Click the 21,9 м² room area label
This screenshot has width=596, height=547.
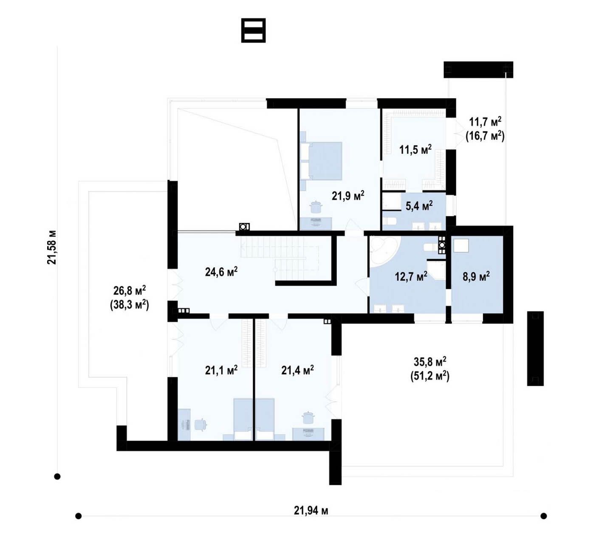(348, 196)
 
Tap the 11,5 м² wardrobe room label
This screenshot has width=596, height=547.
(415, 149)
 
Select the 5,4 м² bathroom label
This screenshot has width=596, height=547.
(419, 205)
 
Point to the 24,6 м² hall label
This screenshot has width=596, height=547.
(221, 271)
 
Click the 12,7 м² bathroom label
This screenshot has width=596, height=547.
(411, 276)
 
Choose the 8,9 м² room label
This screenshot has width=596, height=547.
(476, 276)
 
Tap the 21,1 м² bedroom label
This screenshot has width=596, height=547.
(221, 370)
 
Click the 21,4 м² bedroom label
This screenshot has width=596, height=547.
(297, 370)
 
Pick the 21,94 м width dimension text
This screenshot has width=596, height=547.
(311, 511)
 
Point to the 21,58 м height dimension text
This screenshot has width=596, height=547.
(52, 247)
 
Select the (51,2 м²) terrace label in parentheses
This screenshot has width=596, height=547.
(430, 376)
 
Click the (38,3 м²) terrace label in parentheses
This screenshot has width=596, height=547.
(129, 305)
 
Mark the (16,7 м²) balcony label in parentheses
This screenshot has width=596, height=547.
(485, 136)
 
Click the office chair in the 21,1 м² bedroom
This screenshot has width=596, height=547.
(201, 424)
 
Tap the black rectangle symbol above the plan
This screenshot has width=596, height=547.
(253, 30)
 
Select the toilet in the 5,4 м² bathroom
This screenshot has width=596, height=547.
(389, 222)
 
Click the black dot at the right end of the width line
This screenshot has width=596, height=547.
(543, 516)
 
